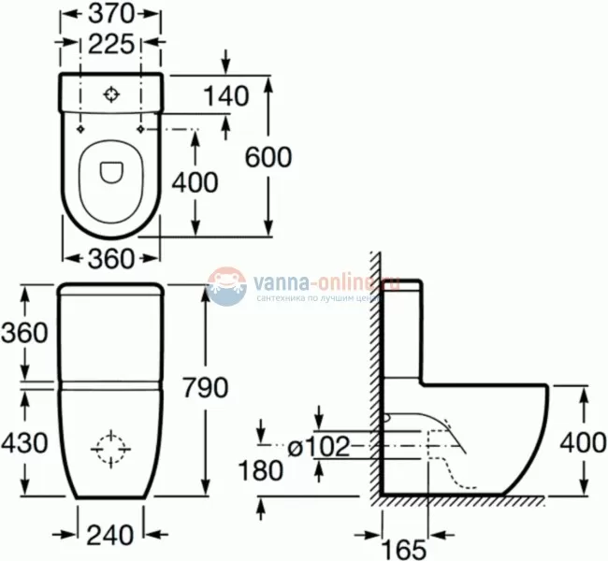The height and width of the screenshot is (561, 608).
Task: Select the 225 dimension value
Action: pyautogui.click(x=110, y=44)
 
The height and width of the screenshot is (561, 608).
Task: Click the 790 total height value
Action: pyautogui.click(x=202, y=387)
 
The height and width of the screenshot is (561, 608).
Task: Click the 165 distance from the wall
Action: pyautogui.click(x=403, y=548)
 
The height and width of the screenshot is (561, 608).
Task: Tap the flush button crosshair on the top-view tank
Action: pyautogui.click(x=111, y=94)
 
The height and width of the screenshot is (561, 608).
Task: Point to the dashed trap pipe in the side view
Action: pyautogui.click(x=446, y=458)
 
